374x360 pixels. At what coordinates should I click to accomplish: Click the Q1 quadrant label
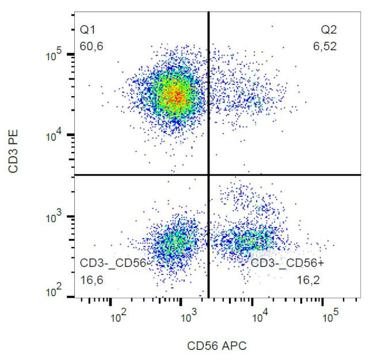point(87,29)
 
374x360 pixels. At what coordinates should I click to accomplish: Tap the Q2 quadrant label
point(328,29)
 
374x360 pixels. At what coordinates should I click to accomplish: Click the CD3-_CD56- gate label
point(114,264)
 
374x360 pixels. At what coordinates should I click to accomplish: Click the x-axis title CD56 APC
point(217,346)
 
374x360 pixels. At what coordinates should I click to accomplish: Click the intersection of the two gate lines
point(208,175)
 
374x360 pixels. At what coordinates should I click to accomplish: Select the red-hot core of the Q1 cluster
point(176,95)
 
